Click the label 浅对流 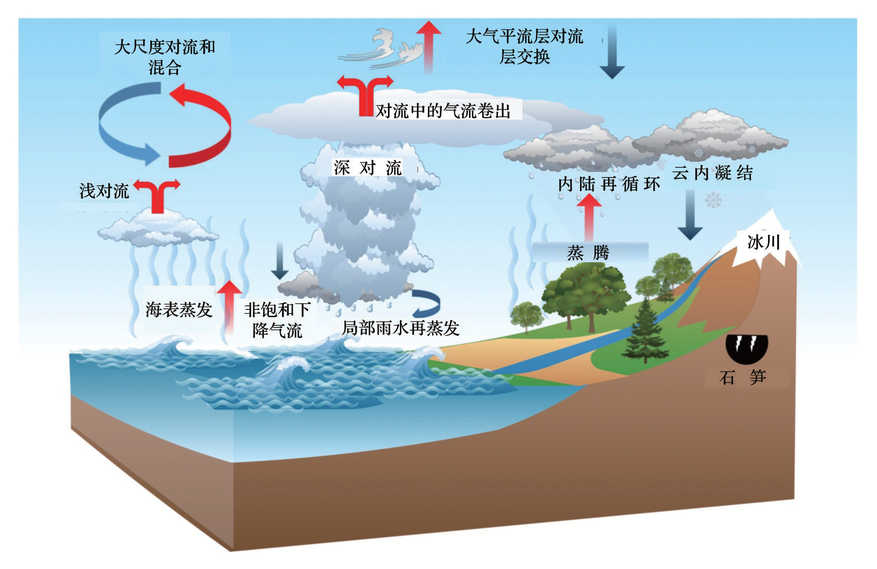104,191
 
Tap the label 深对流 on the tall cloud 367,168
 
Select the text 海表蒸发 179,309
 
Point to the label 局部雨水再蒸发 400,328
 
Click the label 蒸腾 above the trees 588,253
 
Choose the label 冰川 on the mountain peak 763,242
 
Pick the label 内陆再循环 609,184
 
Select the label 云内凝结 712,173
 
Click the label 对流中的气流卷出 443,111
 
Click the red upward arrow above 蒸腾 589,218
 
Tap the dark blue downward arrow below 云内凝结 690,215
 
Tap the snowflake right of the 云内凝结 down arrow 713,200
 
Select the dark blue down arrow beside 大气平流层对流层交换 612,51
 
